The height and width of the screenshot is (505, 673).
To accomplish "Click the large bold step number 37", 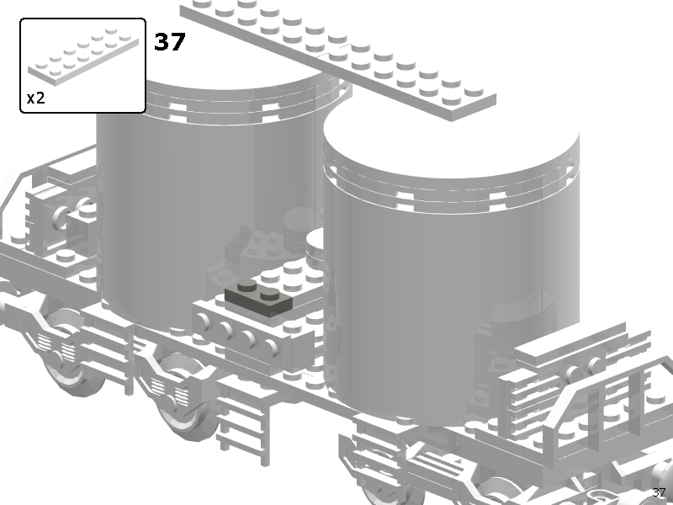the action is pyautogui.click(x=170, y=41).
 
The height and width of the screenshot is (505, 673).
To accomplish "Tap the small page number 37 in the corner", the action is pyautogui.click(x=659, y=492).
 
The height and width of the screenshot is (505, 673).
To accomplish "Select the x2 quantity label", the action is pyautogui.click(x=35, y=98).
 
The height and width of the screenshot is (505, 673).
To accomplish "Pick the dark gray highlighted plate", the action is pyautogui.click(x=259, y=298).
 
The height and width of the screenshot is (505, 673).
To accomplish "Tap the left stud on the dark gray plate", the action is pyautogui.click(x=246, y=285).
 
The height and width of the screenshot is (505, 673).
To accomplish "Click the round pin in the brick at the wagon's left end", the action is pyautogui.click(x=61, y=217).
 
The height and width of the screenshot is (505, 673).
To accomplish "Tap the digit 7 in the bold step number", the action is pyautogui.click(x=178, y=41).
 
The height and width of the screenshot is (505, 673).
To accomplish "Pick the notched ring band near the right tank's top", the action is pyautogui.click(x=451, y=194).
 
